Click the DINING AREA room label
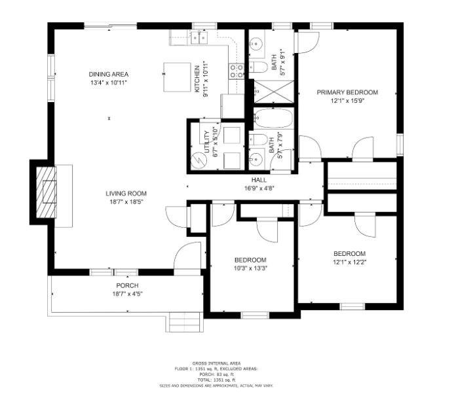point(109,74)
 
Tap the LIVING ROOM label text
point(126,194)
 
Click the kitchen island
point(176,77)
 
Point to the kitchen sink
point(197,37)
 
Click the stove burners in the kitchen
point(236,71)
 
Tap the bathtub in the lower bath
point(271,118)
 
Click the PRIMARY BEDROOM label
point(347,93)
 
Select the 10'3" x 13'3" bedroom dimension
point(251,268)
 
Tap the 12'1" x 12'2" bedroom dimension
point(349,262)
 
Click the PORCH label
point(127,286)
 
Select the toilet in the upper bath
point(259,67)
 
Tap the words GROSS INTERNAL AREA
point(216,363)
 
